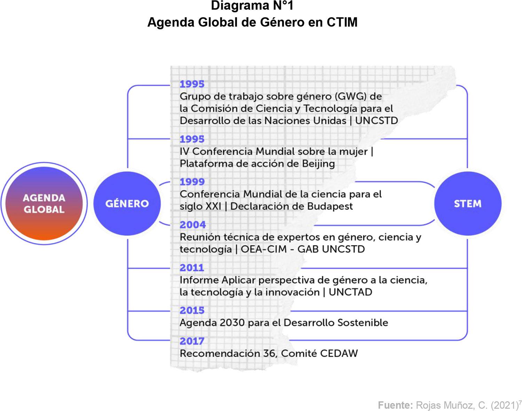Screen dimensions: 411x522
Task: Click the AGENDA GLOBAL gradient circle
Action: point(44,204)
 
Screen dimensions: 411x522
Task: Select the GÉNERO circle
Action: point(127,204)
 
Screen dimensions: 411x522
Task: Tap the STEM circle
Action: point(467,204)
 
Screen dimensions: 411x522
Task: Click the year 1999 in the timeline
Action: point(192,182)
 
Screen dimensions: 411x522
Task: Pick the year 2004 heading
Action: point(192,225)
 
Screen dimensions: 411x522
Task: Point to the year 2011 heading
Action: point(192,268)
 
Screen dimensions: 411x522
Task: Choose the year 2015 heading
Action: point(192,310)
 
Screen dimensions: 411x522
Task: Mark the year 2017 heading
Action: point(192,341)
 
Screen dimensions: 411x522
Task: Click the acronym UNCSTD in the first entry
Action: point(376,121)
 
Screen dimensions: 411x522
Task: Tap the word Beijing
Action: point(318,164)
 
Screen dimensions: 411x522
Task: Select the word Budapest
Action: point(330,206)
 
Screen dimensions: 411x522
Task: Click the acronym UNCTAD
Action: point(350,292)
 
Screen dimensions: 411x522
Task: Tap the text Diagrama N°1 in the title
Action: point(252,6)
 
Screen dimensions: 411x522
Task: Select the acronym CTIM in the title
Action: point(342,22)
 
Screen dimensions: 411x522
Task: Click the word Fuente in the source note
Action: point(395,405)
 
